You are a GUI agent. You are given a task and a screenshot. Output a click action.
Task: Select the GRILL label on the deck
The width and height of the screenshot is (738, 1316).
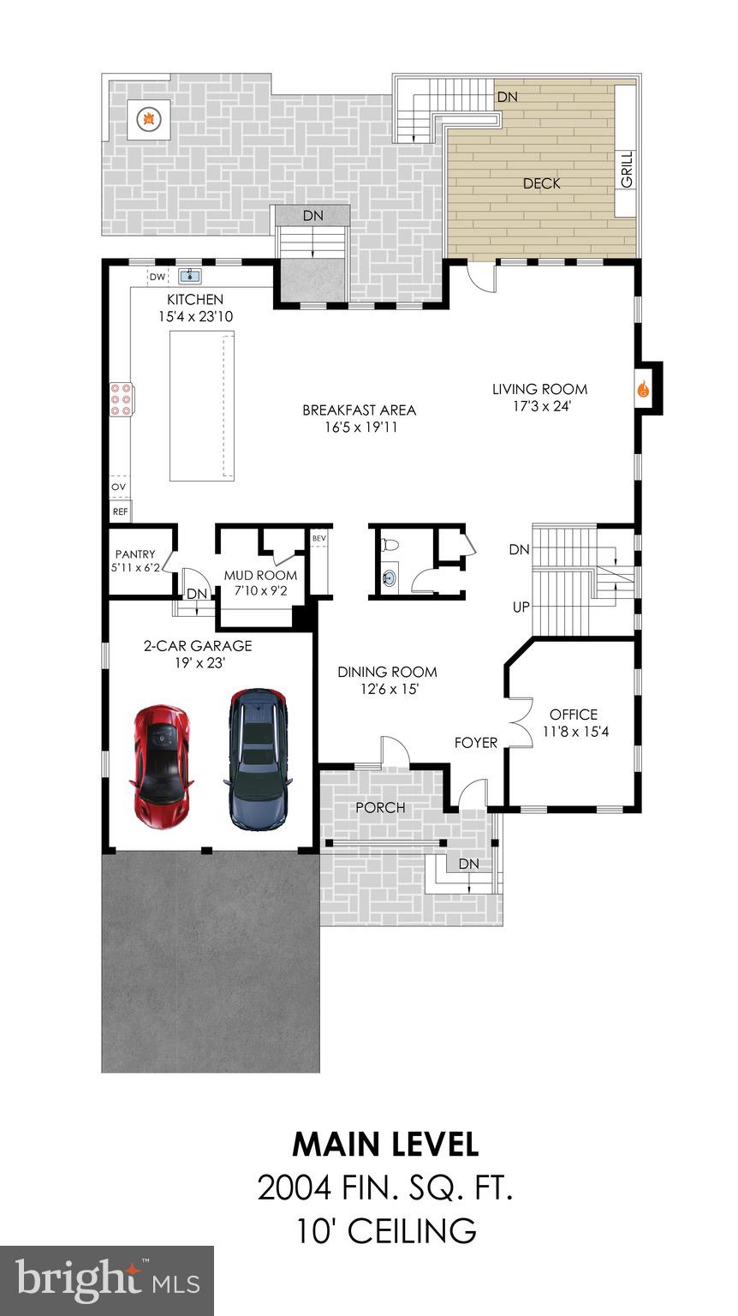(626, 170)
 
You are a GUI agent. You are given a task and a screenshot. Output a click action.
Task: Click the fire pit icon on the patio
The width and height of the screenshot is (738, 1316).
(148, 118)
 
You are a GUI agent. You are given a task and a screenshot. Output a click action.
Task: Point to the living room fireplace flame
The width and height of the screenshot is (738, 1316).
(642, 389)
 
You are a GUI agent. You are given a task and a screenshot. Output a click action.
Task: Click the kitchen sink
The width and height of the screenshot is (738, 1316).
(190, 276)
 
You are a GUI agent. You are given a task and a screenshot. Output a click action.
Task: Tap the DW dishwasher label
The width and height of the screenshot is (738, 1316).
(157, 277)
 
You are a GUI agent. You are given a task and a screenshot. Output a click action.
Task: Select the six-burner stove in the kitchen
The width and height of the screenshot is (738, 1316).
(120, 399)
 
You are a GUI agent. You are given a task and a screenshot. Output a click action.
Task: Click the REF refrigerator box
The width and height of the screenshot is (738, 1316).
(120, 511)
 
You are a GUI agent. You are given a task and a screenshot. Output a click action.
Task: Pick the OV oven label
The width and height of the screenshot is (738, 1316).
(119, 487)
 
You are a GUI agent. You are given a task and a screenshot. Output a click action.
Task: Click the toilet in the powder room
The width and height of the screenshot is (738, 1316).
(389, 544)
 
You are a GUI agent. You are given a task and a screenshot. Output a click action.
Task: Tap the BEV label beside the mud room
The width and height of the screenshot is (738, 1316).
(319, 538)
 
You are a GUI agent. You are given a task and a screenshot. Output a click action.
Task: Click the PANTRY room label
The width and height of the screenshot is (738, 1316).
(135, 554)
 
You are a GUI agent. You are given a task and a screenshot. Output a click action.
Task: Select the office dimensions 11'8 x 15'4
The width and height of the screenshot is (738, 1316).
(574, 732)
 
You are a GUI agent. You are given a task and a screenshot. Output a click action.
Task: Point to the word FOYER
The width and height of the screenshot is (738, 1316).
(475, 742)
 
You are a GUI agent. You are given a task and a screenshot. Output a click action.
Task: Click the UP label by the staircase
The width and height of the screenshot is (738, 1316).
(520, 607)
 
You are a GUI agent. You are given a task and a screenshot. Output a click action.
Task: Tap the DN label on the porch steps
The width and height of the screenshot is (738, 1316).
(468, 864)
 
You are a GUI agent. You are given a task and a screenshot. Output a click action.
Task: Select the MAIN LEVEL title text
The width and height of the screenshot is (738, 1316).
(385, 1145)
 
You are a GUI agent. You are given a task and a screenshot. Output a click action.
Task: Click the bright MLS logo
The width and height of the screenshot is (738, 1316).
(107, 1280)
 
